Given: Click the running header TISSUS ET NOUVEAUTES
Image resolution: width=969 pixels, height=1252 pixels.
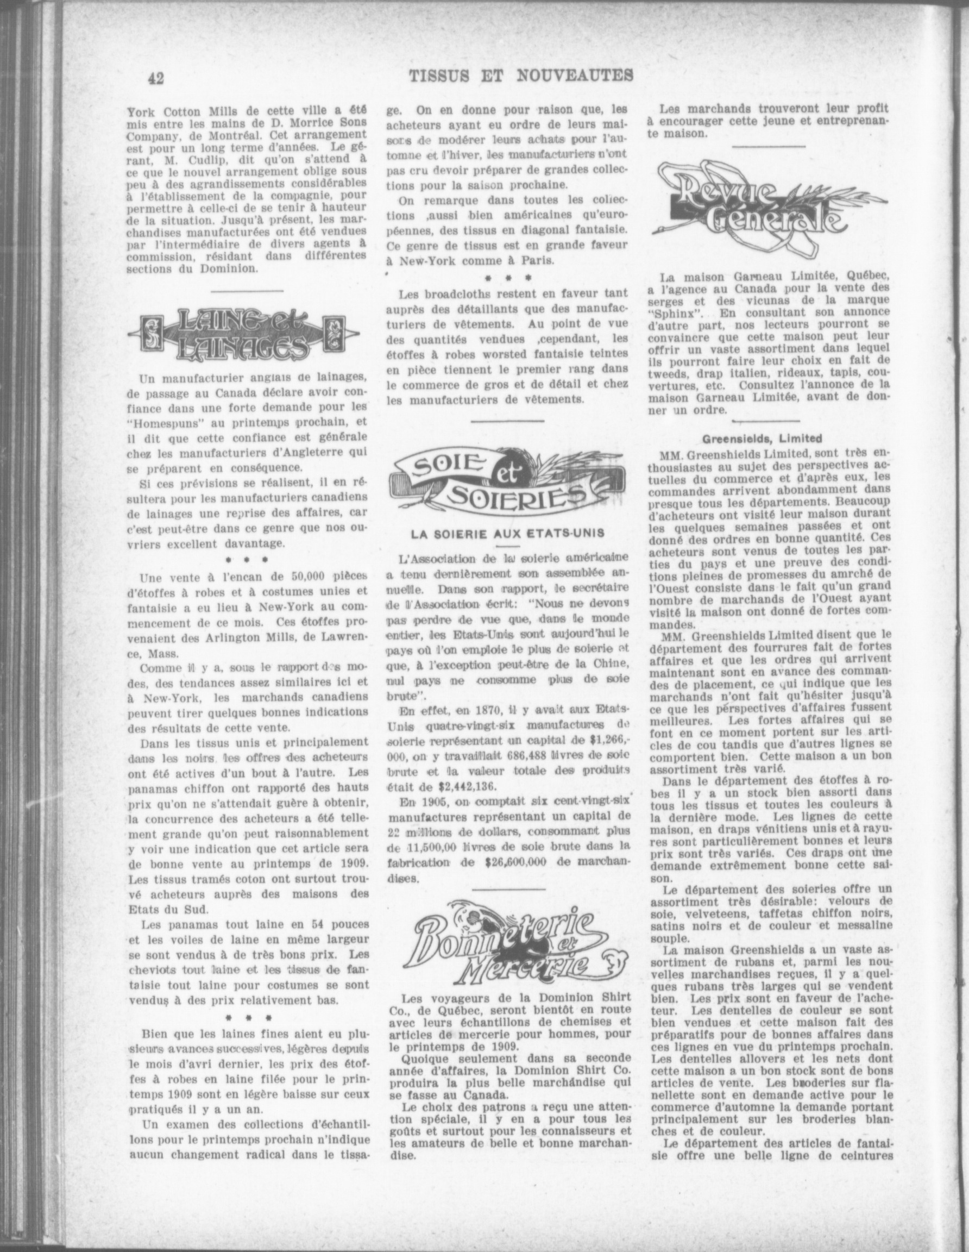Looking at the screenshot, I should pos(521,75).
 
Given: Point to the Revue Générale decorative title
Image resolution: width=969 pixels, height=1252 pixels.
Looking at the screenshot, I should pos(771,210).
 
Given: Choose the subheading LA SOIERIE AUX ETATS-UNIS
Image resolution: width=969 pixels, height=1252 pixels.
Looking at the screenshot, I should pos(508,533).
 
